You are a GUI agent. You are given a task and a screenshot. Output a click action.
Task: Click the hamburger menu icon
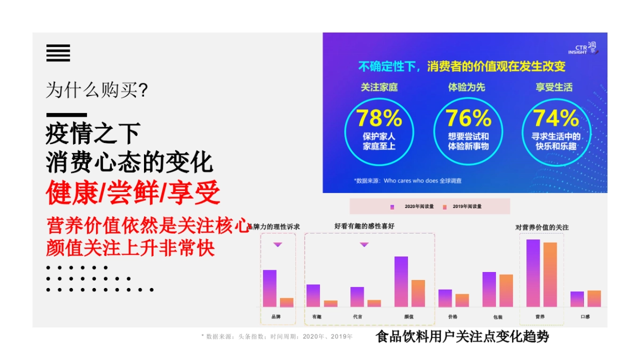58,53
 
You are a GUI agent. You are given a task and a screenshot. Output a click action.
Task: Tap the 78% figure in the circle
379,118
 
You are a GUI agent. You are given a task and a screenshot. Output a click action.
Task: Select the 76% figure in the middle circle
468,118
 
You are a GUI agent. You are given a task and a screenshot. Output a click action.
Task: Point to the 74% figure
556,118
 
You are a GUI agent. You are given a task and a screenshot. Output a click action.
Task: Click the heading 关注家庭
379,87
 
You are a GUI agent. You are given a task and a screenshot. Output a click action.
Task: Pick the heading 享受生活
554,87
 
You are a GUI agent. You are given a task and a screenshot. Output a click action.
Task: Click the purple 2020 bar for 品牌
269,288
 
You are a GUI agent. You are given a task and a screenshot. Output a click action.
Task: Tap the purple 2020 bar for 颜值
401,281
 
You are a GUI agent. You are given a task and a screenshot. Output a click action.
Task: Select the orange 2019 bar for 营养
550,274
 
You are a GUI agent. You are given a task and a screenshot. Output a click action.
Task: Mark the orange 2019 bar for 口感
594,298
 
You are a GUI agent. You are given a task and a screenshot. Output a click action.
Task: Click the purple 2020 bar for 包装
489,289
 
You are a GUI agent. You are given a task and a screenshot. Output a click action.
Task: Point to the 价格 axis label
453,317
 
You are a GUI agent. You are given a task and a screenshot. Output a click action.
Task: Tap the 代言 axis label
357,317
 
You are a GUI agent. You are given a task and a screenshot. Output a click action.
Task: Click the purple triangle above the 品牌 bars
277,245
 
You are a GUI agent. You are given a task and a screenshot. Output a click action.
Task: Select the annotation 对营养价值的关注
542,227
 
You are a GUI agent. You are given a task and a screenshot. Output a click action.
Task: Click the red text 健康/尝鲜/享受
133,194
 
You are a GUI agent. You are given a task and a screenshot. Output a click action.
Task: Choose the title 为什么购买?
97,90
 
